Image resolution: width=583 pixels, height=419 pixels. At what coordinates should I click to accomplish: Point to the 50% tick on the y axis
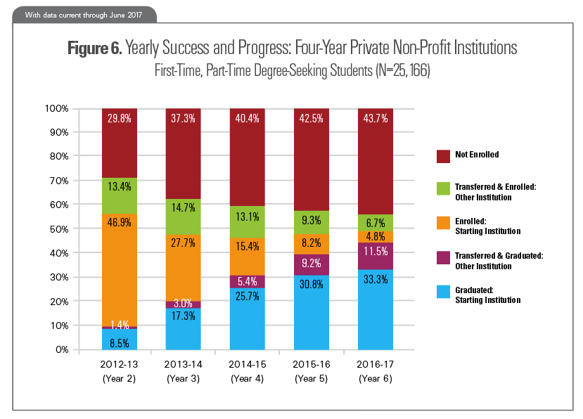tap(57, 229)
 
